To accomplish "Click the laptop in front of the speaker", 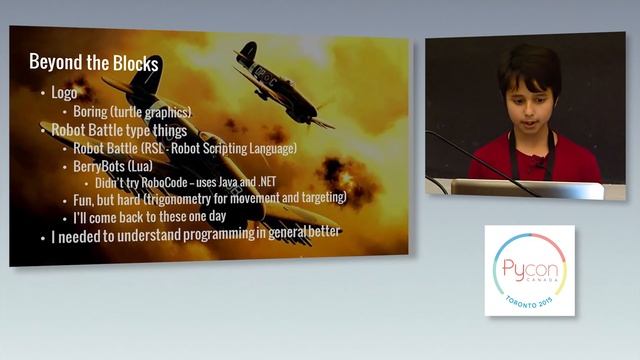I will tap(525, 188).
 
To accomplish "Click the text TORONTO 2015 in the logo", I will tap(529, 299).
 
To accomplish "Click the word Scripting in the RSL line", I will tap(234, 148).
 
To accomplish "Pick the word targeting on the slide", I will tap(319, 199).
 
